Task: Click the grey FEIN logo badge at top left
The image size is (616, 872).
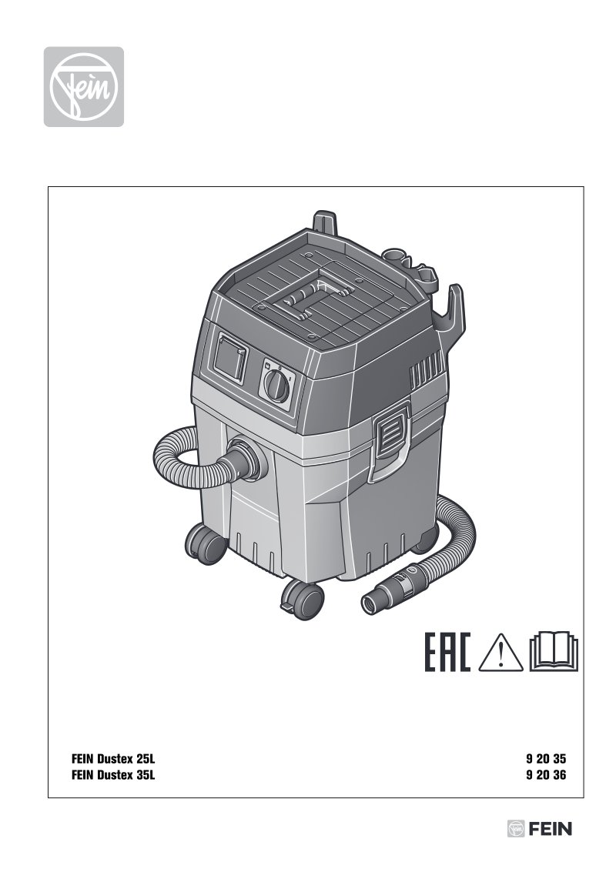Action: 84,87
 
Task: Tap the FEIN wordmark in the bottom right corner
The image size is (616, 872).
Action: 539,829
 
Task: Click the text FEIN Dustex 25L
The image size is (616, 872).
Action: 113,759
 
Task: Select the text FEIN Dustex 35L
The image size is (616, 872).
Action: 113,775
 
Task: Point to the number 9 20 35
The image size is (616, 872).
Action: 546,759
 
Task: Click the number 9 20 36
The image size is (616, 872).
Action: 546,775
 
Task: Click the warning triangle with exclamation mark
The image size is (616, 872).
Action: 500,652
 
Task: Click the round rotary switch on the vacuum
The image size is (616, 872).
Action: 276,385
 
